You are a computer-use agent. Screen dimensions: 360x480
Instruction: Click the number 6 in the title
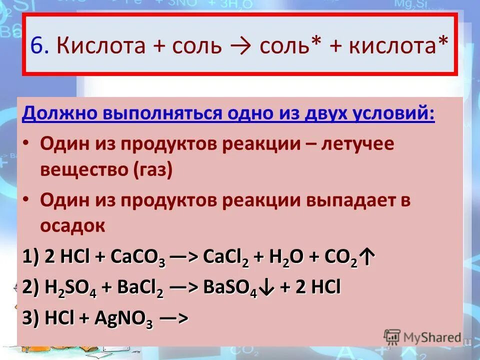(x=38, y=46)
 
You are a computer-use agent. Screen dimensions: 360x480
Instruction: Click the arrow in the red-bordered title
(x=242, y=46)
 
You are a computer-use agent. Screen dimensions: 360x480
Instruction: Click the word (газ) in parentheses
(x=153, y=170)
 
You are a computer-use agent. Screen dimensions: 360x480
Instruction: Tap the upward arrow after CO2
(x=367, y=259)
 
